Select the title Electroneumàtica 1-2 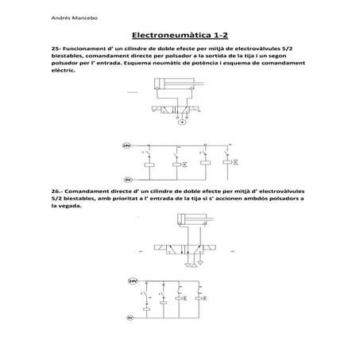(x=181, y=36)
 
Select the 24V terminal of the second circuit (x=133, y=281)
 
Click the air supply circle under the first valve (x=181, y=122)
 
